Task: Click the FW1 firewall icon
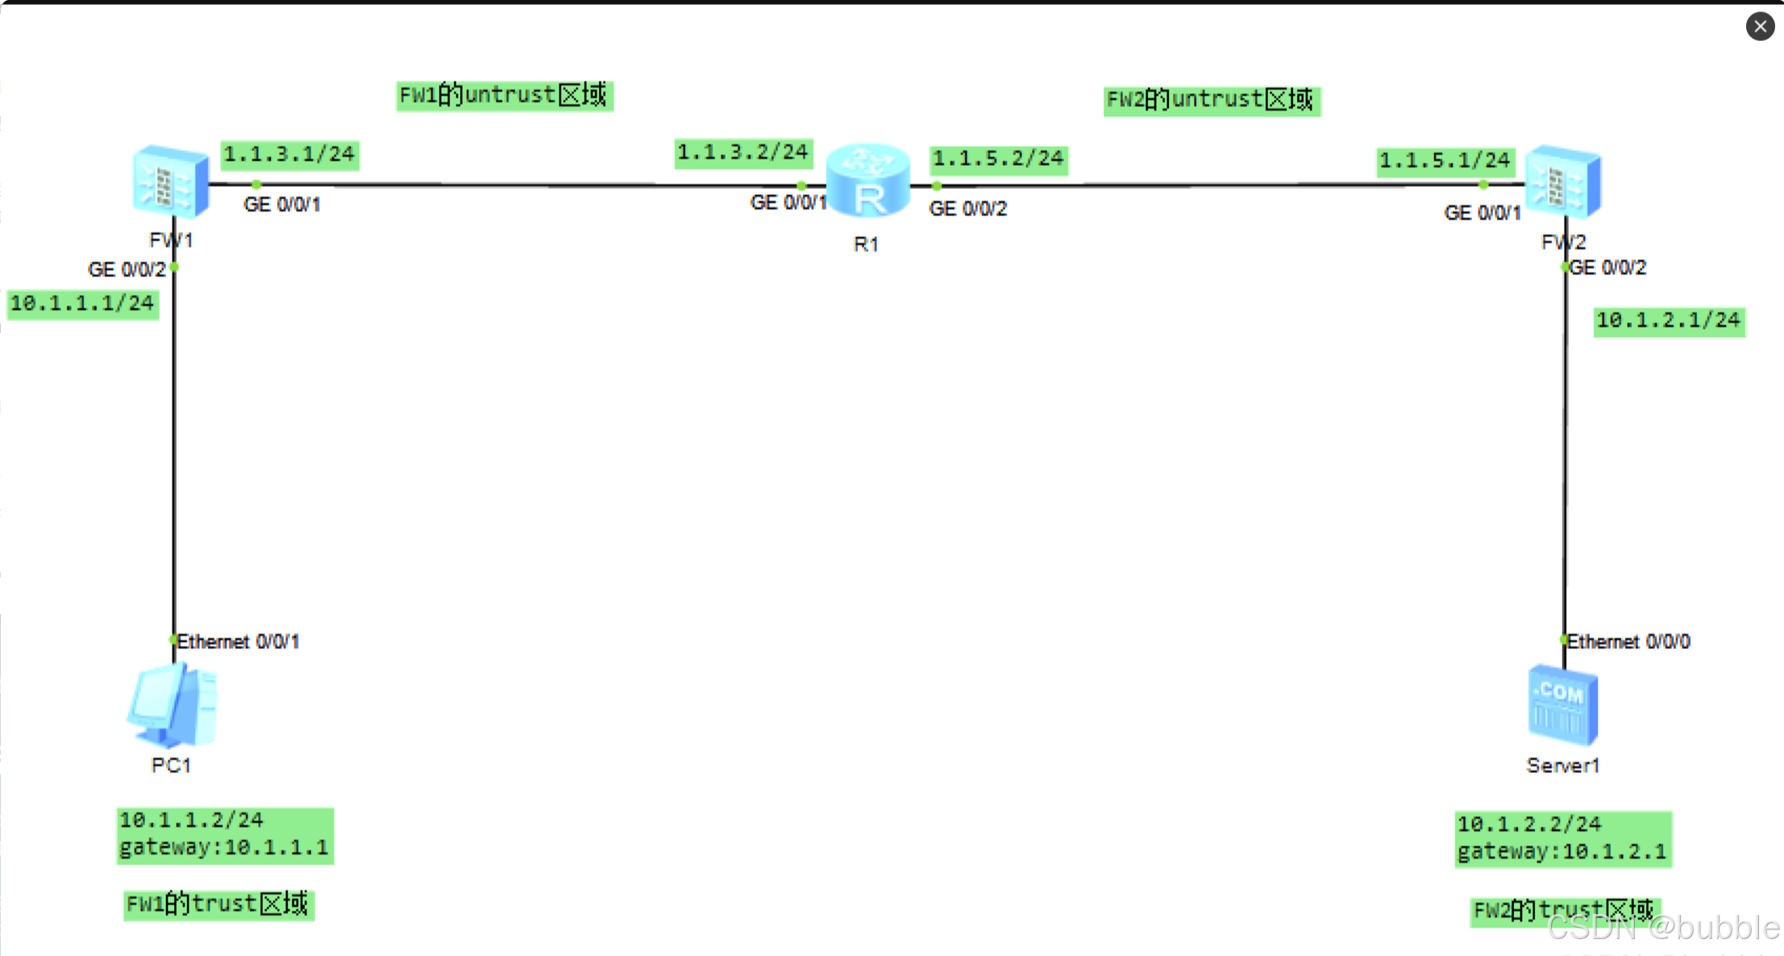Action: (x=170, y=182)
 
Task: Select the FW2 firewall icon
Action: (x=1563, y=183)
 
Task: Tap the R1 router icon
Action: (x=867, y=182)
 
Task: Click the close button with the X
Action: (x=1760, y=27)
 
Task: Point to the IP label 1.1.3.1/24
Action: (x=289, y=154)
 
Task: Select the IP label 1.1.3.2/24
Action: (x=742, y=152)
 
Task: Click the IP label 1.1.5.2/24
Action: (x=998, y=159)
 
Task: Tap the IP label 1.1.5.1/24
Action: (x=1445, y=161)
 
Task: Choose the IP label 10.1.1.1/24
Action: (x=82, y=304)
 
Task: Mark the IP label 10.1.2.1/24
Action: (x=1669, y=321)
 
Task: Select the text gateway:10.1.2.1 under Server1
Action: (x=1562, y=852)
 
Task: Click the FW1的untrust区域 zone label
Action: (x=504, y=96)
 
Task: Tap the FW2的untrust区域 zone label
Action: (x=1211, y=100)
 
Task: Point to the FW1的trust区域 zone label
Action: (x=218, y=904)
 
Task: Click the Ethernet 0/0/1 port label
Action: (x=238, y=642)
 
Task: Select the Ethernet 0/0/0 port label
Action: (x=1628, y=642)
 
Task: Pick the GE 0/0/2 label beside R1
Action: (x=968, y=209)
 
